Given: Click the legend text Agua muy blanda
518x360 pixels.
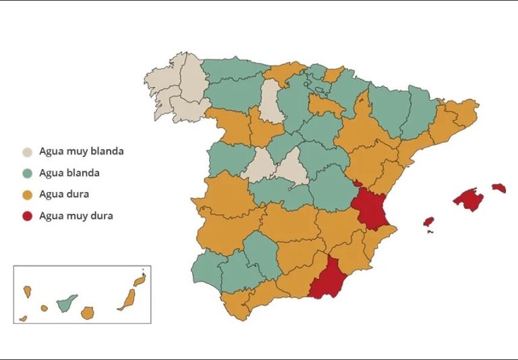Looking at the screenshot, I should pos(81,152).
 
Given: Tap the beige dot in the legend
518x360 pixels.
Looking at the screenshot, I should pos(27,152).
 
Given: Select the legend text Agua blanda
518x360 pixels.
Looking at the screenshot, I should pos(69,173).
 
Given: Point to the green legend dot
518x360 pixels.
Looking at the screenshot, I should pos(27,173).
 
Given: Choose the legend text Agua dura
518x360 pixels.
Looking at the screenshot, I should pos(64,195).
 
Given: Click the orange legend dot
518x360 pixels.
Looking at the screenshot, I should pos(27,195).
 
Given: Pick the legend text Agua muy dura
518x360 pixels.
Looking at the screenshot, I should pos(76,216).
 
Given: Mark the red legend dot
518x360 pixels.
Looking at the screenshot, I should pos(27,216).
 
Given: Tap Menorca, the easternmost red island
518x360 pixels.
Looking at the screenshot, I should pos(498,188).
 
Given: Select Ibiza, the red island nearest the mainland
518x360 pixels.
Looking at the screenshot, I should pos(428,221).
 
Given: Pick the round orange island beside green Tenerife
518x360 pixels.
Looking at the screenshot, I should pos(87,313).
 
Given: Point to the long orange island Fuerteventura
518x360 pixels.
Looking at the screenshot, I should pos(127,299).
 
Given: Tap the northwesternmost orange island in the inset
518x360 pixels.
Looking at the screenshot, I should pos(28,291).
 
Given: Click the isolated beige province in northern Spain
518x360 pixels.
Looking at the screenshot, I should pos(271,101).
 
